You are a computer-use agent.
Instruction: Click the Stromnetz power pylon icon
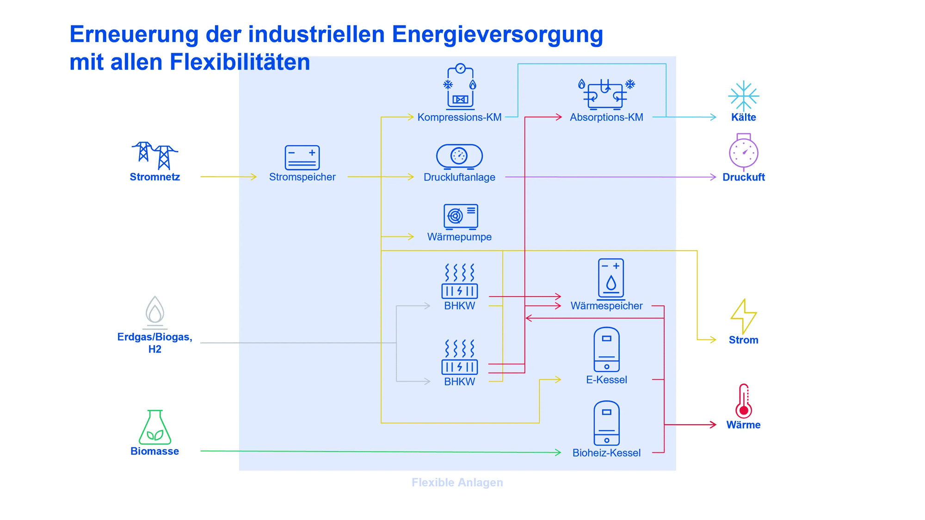(155, 155)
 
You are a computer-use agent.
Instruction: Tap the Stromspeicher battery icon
(302, 157)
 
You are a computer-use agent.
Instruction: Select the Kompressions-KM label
(459, 118)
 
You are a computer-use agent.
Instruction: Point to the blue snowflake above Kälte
(743, 96)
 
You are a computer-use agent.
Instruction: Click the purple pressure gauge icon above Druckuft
(743, 152)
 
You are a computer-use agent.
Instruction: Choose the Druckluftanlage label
(459, 177)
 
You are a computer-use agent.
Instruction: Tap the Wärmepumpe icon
(460, 216)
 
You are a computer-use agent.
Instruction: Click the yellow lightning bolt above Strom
(743, 316)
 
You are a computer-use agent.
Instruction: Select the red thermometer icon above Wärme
(743, 401)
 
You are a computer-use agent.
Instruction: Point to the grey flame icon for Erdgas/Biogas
(155, 311)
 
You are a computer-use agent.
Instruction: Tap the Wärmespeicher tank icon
(610, 279)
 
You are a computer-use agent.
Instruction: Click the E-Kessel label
(606, 380)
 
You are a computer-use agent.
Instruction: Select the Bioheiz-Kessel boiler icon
(606, 423)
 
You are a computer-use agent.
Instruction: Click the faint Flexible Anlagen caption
(457, 483)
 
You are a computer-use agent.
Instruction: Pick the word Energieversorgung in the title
(497, 35)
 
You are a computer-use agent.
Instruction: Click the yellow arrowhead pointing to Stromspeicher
(253, 177)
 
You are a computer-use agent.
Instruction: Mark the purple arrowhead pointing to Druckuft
(713, 177)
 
